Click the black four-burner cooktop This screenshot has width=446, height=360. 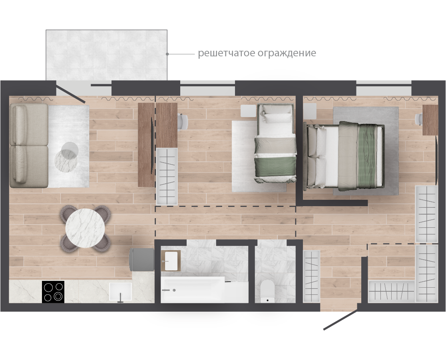(53, 292)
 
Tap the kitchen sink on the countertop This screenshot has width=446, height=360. (120, 292)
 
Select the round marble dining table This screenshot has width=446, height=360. (85, 228)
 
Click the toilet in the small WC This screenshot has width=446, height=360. (267, 291)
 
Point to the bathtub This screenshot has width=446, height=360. (205, 289)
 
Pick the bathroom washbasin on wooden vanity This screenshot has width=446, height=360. (171, 261)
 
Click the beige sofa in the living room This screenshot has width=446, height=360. (29, 145)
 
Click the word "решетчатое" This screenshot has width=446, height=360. (227, 53)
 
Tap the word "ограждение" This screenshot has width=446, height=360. (287, 53)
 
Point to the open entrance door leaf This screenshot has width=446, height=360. (340, 320)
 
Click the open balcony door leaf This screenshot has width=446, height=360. (70, 92)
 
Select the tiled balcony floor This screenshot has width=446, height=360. (106, 55)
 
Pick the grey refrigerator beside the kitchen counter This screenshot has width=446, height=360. (141, 260)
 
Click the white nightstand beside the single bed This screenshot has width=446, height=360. (248, 111)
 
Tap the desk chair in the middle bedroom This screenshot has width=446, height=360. (183, 121)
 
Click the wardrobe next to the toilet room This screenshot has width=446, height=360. (311, 276)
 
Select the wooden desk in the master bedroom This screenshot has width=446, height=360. (430, 120)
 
